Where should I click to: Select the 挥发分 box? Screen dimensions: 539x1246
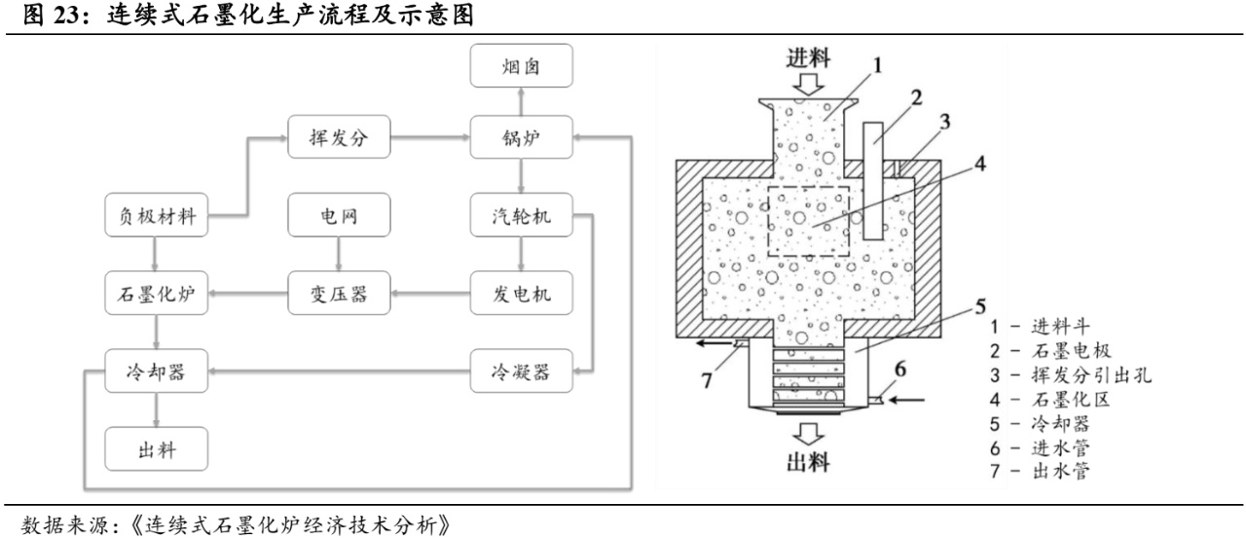(x=339, y=139)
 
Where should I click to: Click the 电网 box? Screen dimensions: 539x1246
(x=339, y=216)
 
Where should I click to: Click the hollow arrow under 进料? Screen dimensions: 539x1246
(x=809, y=85)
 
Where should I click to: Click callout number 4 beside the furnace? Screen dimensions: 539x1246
(x=980, y=162)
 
